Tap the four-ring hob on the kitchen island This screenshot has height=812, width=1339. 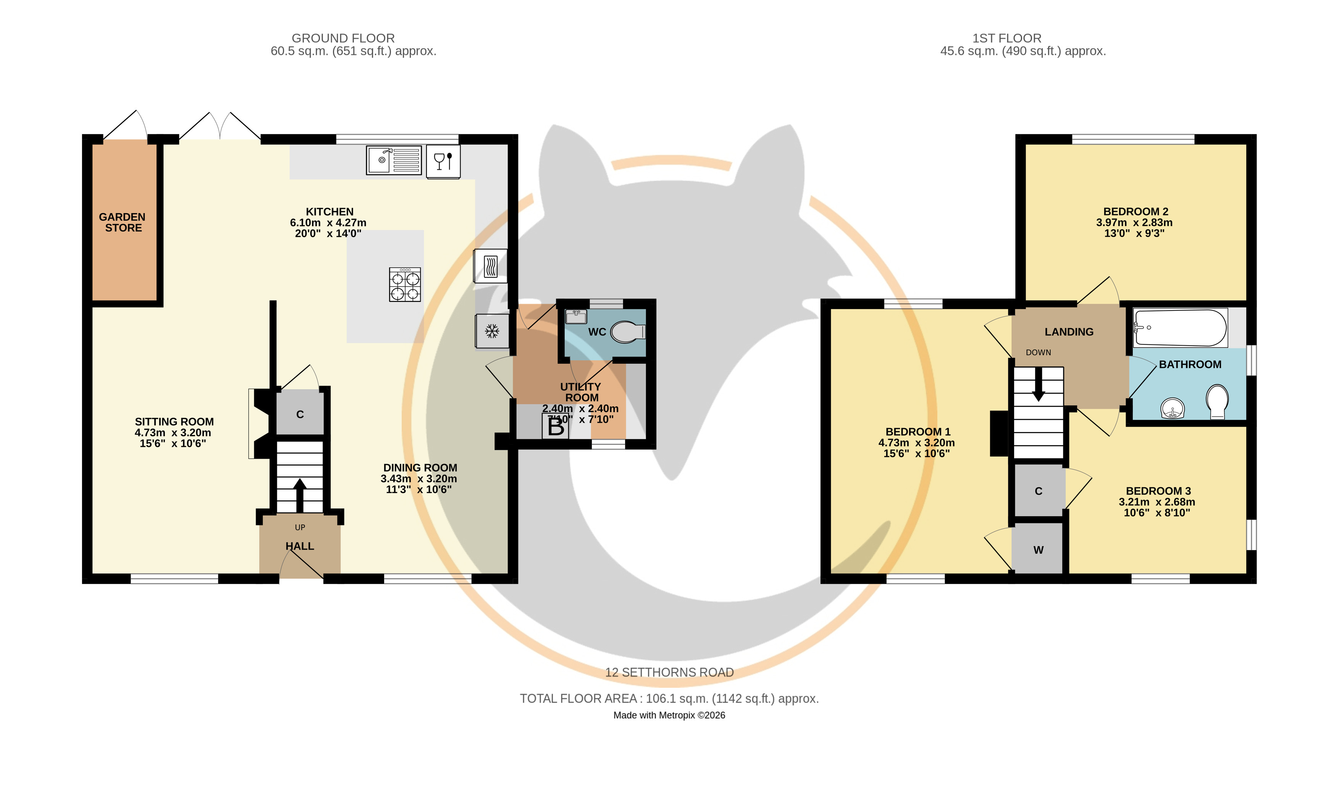tap(405, 284)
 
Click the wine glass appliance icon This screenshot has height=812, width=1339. tap(443, 162)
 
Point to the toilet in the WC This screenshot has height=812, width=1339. tap(628, 332)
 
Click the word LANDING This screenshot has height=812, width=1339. tap(1069, 332)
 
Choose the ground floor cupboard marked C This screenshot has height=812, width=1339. tap(300, 413)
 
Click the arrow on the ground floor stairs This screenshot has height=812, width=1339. tap(299, 495)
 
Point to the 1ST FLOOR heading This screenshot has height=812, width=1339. tap(1007, 38)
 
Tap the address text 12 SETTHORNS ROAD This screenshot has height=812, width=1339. tap(670, 672)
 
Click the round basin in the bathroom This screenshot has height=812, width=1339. tap(1172, 409)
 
